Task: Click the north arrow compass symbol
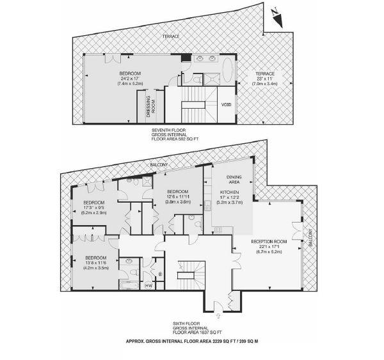(277, 18)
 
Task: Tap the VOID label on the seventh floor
(227, 105)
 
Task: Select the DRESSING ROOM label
(151, 107)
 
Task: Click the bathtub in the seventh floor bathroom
(228, 70)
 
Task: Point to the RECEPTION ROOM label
(269, 242)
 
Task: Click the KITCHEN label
(229, 192)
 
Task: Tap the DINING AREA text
(234, 180)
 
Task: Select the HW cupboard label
(148, 286)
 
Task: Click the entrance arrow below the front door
(218, 316)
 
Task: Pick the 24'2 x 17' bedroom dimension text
(130, 79)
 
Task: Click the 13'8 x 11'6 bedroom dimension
(96, 263)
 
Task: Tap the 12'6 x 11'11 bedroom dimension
(178, 196)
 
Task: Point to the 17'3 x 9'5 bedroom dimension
(94, 208)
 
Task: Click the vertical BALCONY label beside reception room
(310, 238)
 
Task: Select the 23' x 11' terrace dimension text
(265, 79)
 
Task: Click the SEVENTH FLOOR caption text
(168, 130)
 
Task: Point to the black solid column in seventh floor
(186, 58)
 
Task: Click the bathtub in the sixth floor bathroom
(129, 285)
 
